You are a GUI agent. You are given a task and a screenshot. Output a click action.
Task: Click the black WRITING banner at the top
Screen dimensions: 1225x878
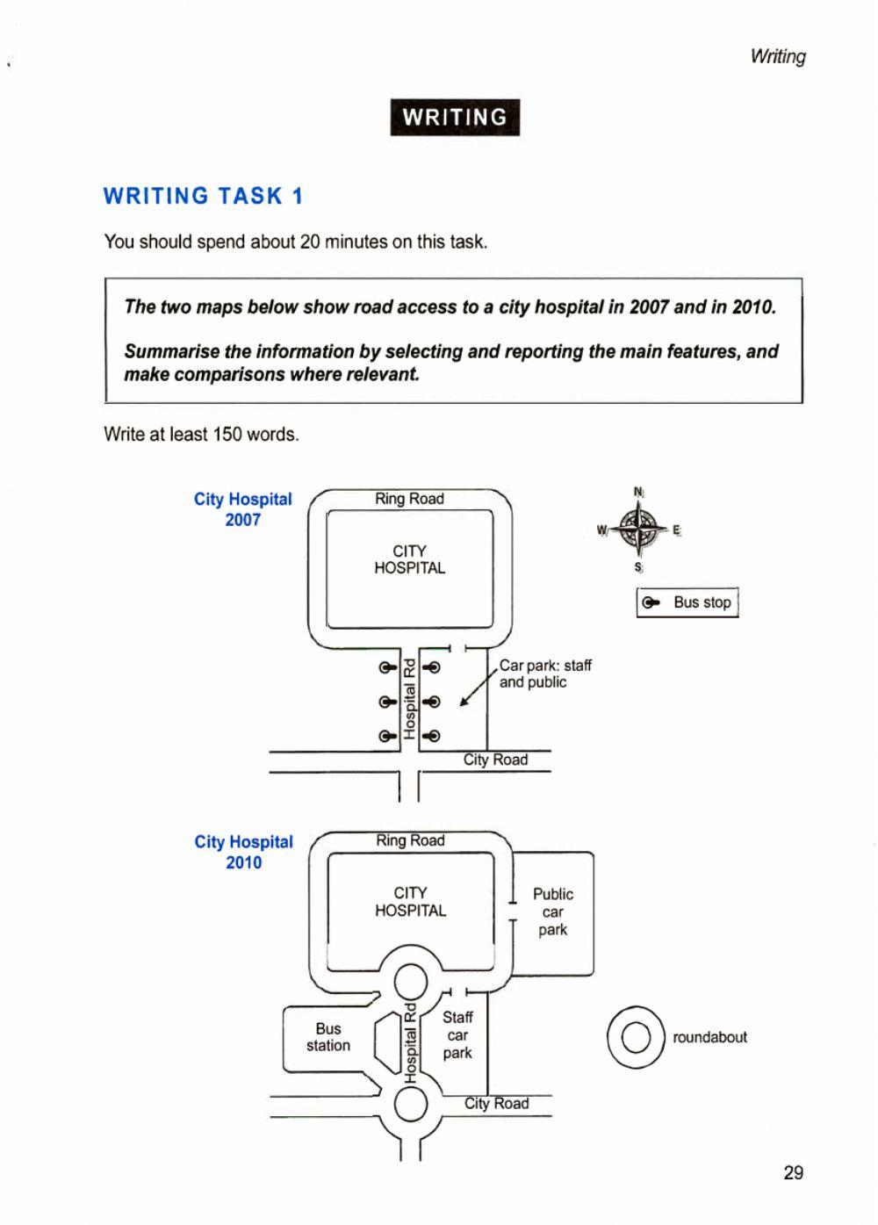(455, 118)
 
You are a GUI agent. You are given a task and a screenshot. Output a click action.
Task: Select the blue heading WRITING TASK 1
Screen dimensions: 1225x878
(203, 196)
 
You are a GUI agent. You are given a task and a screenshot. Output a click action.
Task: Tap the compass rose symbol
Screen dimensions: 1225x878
(638, 530)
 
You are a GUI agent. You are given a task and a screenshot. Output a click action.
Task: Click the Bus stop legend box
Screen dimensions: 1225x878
(687, 602)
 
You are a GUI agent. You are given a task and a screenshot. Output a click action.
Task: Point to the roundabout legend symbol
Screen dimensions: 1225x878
(636, 1037)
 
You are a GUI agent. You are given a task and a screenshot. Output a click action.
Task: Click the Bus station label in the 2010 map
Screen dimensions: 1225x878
(327, 1037)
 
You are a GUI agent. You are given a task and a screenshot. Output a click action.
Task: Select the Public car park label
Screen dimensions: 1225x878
(552, 912)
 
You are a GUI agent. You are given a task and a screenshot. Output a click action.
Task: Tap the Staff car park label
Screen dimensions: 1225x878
(457, 1034)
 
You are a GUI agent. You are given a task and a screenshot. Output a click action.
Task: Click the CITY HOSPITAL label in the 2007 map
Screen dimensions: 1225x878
(409, 559)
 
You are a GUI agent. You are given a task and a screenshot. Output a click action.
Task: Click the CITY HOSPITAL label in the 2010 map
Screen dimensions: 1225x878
(410, 902)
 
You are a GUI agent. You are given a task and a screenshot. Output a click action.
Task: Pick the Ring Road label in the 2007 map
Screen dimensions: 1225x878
(409, 499)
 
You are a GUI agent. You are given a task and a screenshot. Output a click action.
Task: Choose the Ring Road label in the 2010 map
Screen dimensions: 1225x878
(410, 840)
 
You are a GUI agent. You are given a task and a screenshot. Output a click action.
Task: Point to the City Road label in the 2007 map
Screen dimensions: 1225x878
(495, 760)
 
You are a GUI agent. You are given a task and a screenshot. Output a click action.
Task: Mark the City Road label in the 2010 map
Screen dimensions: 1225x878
(496, 1103)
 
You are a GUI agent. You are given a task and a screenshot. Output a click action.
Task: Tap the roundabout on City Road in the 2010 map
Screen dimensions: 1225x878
(410, 1104)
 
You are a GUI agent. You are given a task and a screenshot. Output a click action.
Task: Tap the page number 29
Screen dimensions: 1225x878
(793, 1172)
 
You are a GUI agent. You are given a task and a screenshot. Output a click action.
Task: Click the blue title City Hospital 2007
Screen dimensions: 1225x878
(242, 509)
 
